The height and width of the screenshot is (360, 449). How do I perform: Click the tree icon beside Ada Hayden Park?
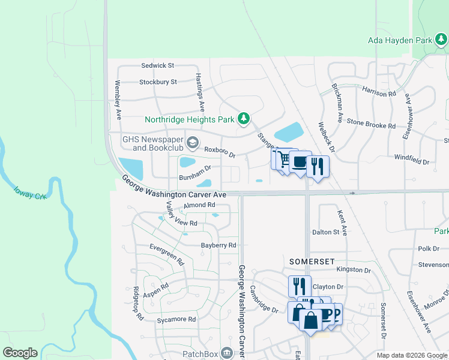point(442,40)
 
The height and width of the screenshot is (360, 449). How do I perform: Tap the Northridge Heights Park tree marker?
point(244,119)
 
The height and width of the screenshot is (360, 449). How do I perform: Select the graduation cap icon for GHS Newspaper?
point(193,143)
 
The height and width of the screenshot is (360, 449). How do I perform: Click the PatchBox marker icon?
point(226,352)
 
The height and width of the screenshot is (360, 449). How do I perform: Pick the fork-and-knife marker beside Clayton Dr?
point(300,286)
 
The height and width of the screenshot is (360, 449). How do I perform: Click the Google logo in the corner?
point(20,353)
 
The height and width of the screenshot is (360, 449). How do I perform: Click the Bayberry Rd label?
point(218,245)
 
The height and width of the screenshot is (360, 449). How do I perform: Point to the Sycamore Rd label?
point(176,320)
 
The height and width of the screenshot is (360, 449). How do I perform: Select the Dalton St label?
point(325,232)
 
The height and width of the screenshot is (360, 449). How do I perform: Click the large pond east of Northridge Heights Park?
point(289,131)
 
